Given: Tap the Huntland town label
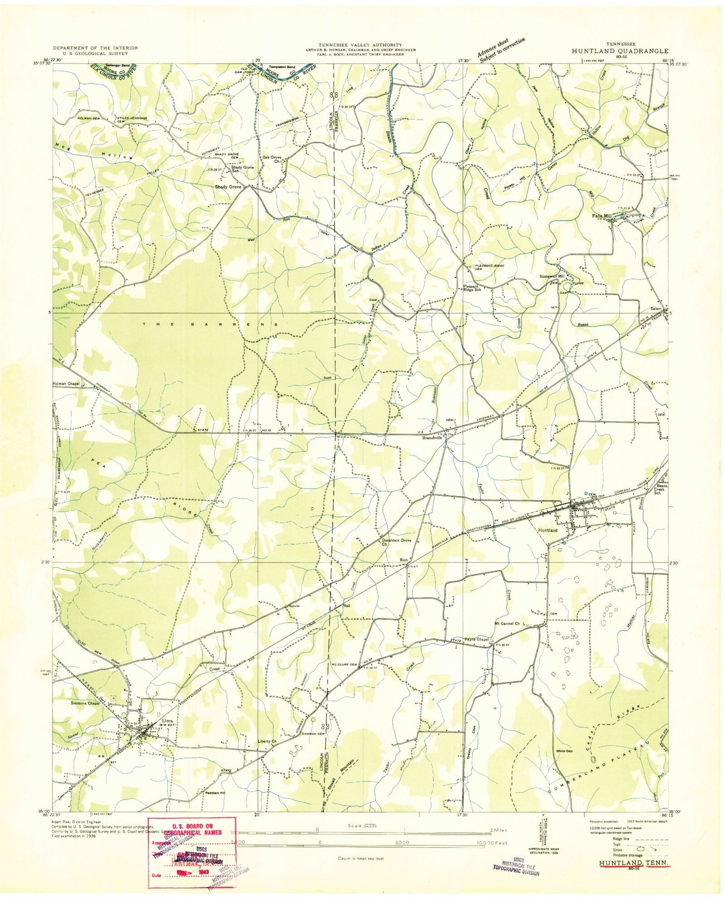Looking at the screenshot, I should pyautogui.click(x=547, y=530).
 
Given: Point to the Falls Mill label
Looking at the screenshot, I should pyautogui.click(x=602, y=216).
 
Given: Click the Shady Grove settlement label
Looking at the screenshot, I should pyautogui.click(x=228, y=187).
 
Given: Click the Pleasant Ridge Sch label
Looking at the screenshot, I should pyautogui.click(x=472, y=288).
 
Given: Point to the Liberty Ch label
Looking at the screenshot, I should pyautogui.click(x=267, y=741).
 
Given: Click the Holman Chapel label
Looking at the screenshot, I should pyautogui.click(x=66, y=385).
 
